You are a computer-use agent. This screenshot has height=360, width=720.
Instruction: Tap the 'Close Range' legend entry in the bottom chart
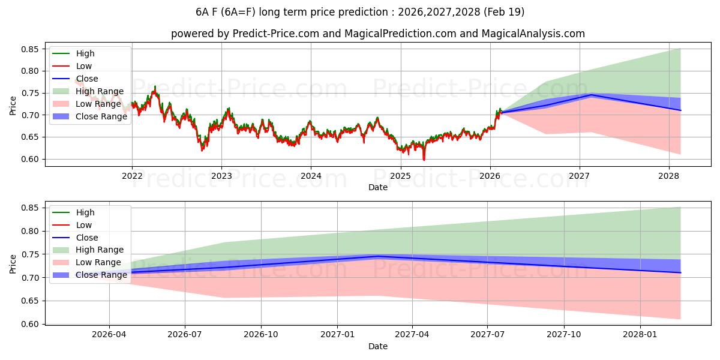(101, 275)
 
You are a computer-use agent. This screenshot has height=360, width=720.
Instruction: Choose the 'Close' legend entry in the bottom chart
(87, 238)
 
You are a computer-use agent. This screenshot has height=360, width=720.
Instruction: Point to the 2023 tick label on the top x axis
(221, 176)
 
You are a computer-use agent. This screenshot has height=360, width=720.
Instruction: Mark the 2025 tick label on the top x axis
(400, 176)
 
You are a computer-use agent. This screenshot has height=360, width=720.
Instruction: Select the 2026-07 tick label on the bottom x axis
(185, 335)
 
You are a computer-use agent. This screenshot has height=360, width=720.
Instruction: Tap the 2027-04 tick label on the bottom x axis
(412, 335)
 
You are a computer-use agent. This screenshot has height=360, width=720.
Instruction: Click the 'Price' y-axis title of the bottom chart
(13, 263)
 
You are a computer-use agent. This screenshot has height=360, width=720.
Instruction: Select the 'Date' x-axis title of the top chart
(378, 187)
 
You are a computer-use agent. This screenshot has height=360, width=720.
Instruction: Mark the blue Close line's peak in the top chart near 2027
(591, 95)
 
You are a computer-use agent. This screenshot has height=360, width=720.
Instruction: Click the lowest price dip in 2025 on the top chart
(424, 160)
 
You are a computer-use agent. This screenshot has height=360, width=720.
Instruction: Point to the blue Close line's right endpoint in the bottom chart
(680, 272)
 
